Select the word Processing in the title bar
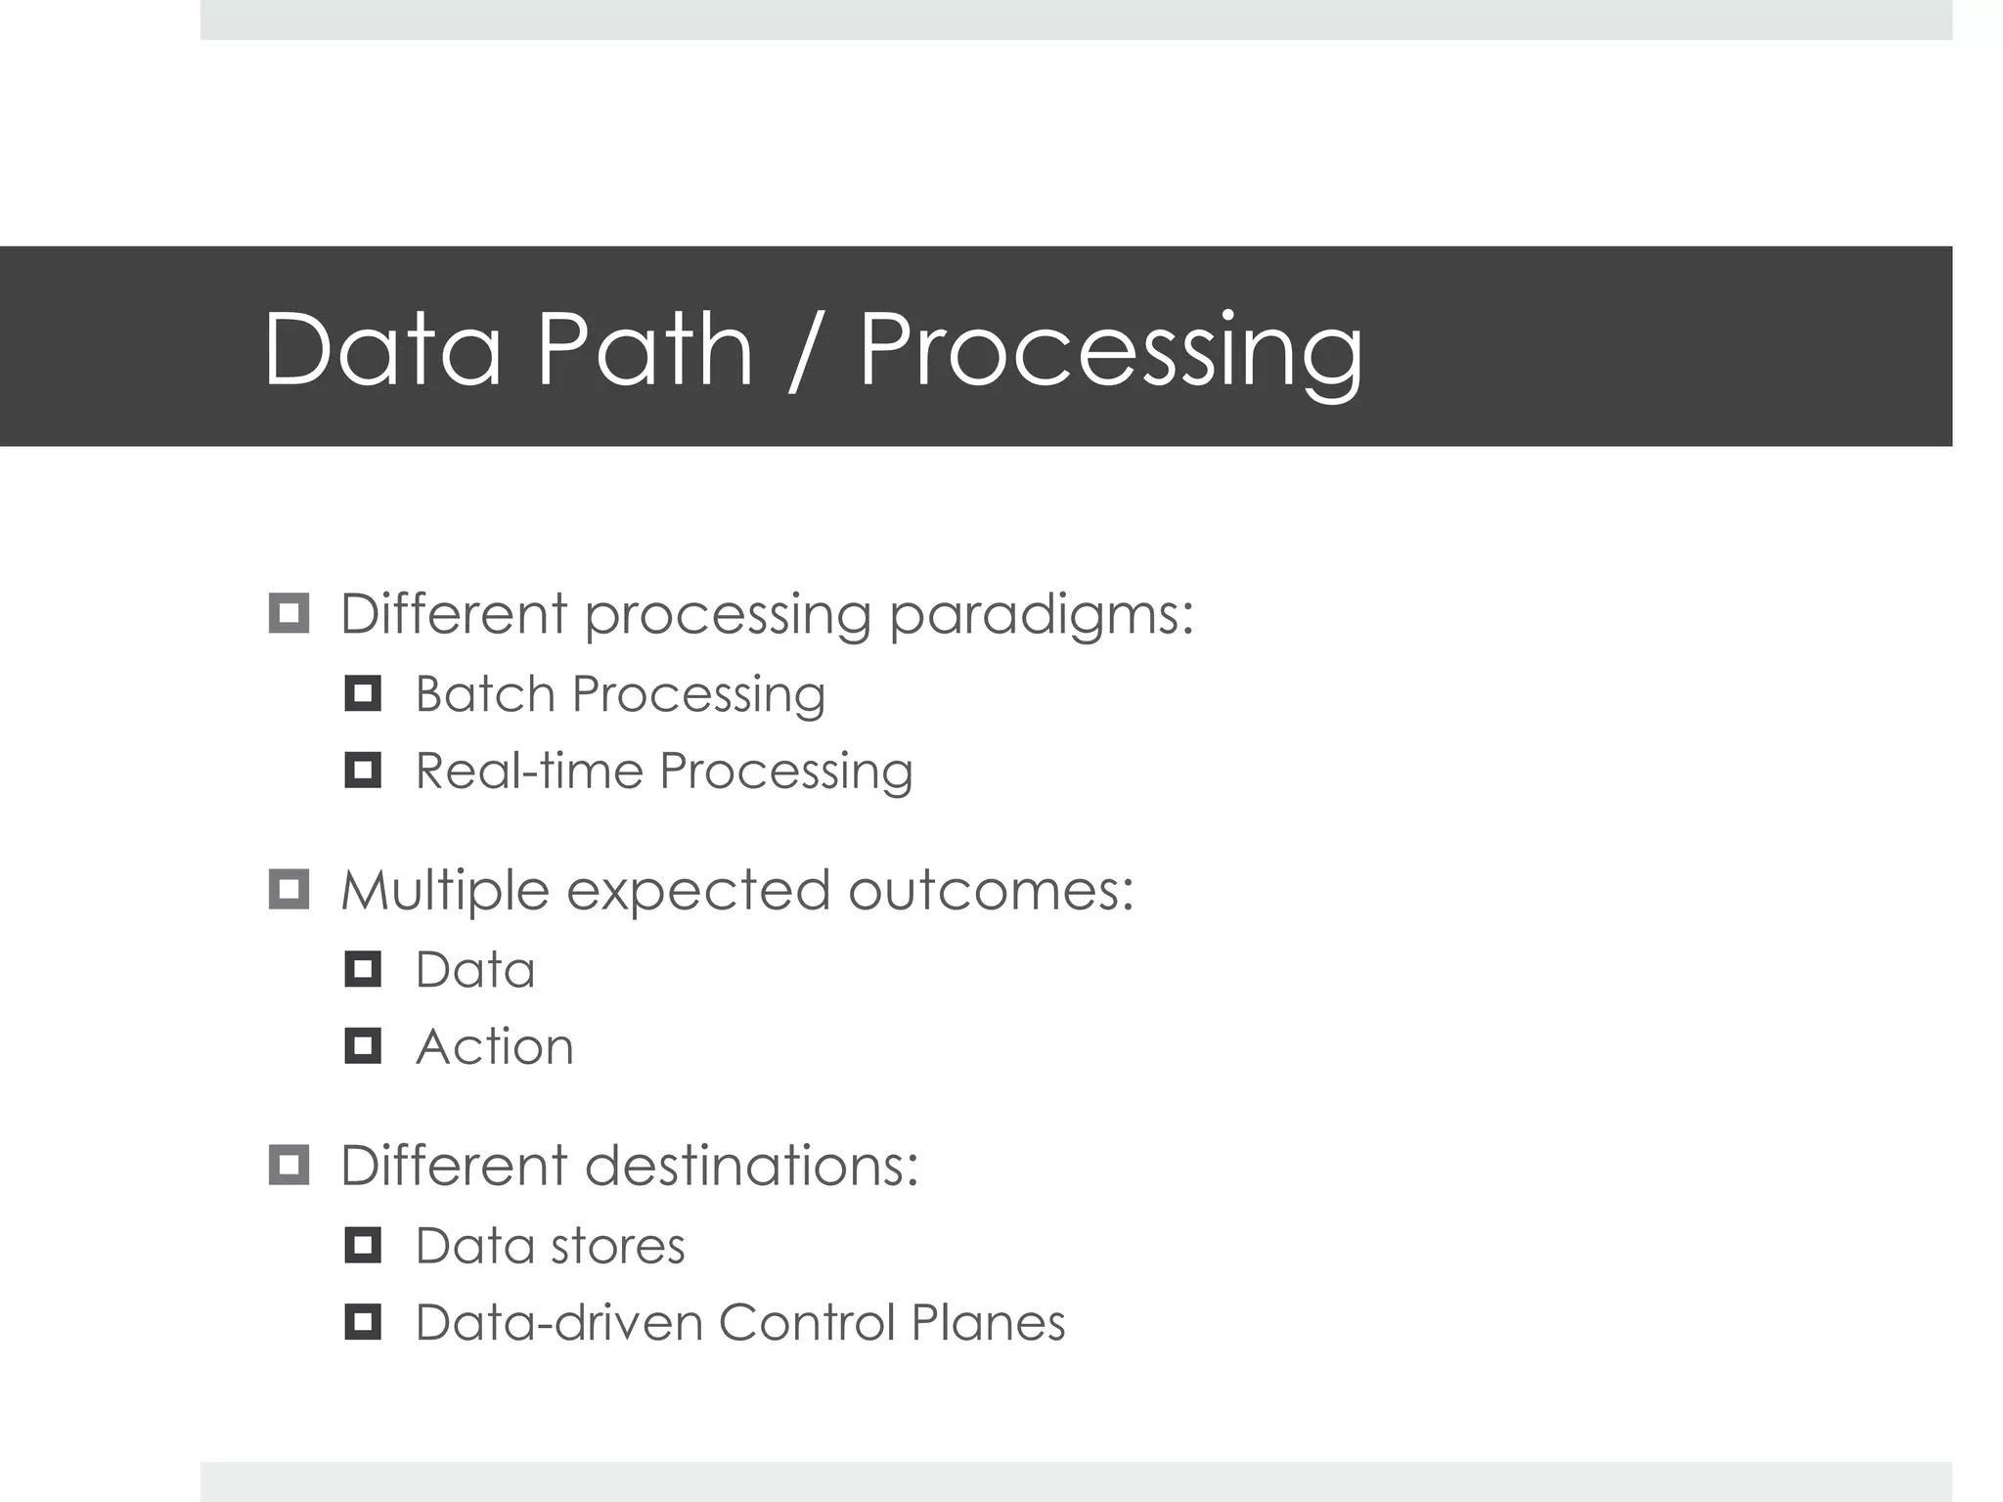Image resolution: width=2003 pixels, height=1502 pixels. coord(1110,352)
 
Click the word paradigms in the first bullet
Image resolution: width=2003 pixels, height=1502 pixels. coord(1041,616)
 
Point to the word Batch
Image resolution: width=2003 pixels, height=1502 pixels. coord(485,694)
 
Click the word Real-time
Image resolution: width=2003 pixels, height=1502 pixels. coord(529,771)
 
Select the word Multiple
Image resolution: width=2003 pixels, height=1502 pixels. coord(444,892)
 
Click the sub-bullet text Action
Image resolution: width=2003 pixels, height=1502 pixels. coord(494,1046)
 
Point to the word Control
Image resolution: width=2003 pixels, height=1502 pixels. coord(806,1322)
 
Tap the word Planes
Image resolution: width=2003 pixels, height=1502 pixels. coord(988,1322)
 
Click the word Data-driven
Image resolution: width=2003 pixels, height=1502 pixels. coord(558,1322)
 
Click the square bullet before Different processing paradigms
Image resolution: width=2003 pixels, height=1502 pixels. coord(289,613)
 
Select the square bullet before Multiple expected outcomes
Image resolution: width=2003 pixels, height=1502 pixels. coord(289,889)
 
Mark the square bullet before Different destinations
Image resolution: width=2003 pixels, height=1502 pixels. coord(289,1165)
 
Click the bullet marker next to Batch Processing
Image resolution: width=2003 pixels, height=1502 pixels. coord(363,693)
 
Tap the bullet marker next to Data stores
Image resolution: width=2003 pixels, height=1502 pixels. coord(363,1245)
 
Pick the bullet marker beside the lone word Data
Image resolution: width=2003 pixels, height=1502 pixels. coord(363,969)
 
